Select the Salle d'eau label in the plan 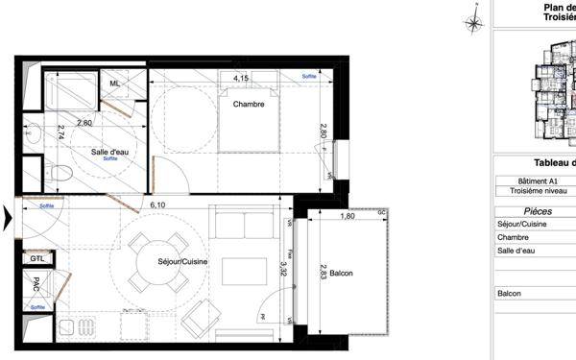[x=111, y=152]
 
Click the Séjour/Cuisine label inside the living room [x=184, y=261]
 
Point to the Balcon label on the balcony [x=341, y=275]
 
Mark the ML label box [x=114, y=84]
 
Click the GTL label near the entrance [x=37, y=258]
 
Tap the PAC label [x=36, y=285]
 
